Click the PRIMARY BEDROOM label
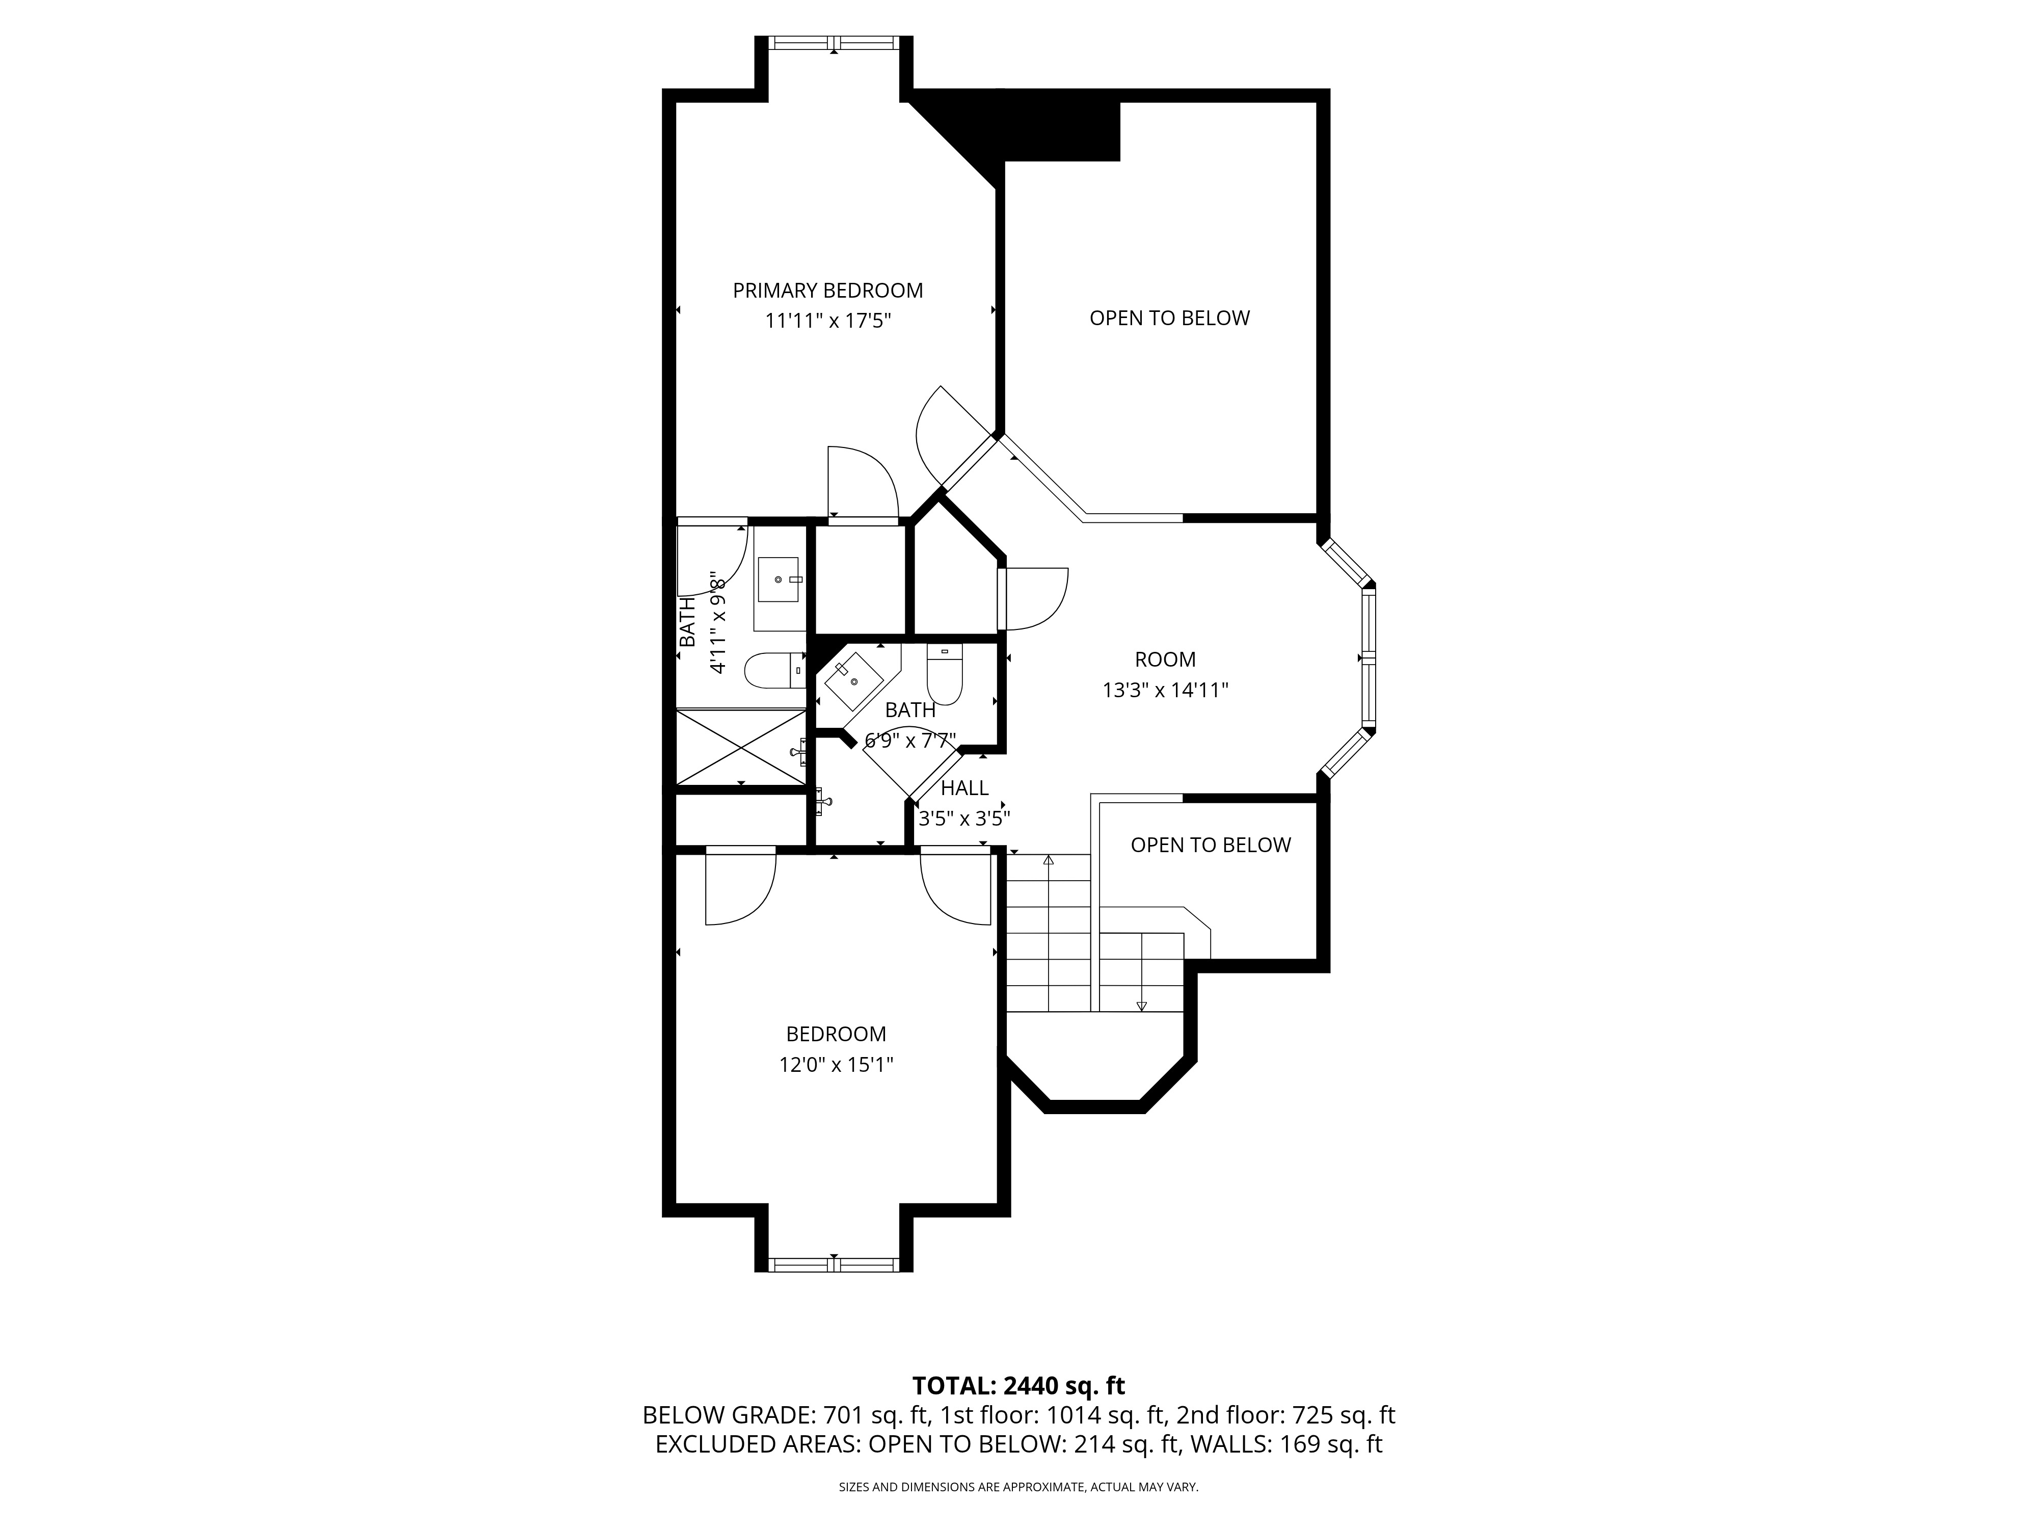click(827, 291)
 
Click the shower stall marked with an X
click(741, 748)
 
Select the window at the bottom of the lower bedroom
click(834, 1264)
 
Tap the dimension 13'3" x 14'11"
click(1166, 690)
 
